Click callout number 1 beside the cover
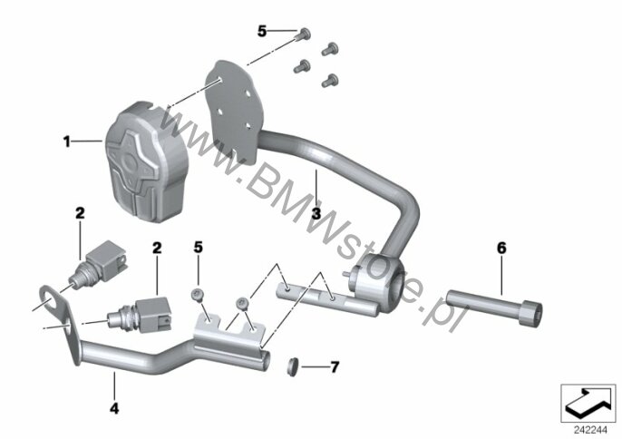tap(67, 141)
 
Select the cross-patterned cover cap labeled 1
tap(146, 162)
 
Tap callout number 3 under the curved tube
tap(316, 213)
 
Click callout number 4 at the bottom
tap(114, 408)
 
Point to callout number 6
tap(501, 249)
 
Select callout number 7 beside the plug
tap(335, 367)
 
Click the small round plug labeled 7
tap(292, 366)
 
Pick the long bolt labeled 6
tap(494, 308)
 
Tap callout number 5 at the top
tap(262, 31)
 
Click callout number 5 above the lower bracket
tap(198, 248)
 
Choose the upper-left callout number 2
tap(80, 213)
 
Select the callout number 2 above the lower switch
tap(157, 249)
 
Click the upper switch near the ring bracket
tap(98, 264)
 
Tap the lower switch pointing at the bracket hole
tap(140, 314)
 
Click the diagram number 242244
tap(590, 430)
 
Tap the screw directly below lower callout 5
tap(198, 295)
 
